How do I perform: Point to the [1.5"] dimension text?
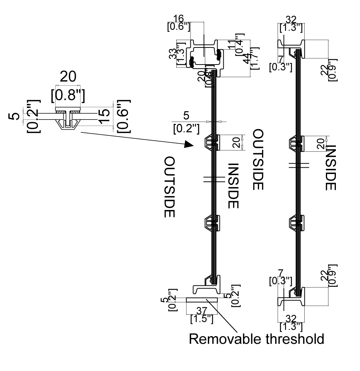click(x=202, y=319)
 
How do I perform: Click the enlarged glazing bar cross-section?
click(x=67, y=118)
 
